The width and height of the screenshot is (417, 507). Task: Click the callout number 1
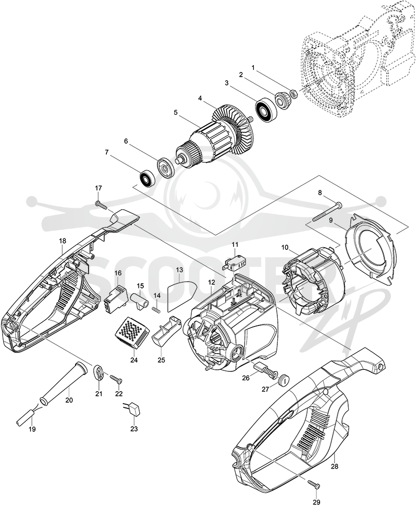(253, 68)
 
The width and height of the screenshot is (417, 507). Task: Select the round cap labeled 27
(284, 379)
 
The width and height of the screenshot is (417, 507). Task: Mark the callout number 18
(63, 241)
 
